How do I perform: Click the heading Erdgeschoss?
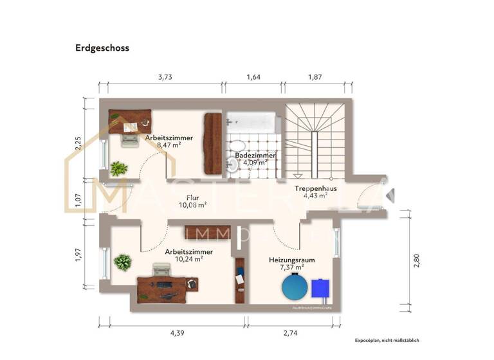coord(102,48)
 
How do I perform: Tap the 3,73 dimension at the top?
coord(165,77)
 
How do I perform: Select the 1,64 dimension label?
coord(253,77)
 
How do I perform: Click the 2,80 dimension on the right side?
coord(416,260)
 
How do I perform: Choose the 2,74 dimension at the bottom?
coord(291,332)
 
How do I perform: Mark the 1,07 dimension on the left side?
coord(79,200)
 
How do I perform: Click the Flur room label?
coord(192,198)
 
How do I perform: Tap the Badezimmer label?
coord(255,156)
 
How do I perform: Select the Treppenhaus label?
coord(316,188)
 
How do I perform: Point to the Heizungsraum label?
coord(291,260)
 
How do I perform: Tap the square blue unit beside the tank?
coord(320,289)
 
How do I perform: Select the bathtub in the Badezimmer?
coord(252,121)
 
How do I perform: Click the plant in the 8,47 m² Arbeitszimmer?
coord(118,169)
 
